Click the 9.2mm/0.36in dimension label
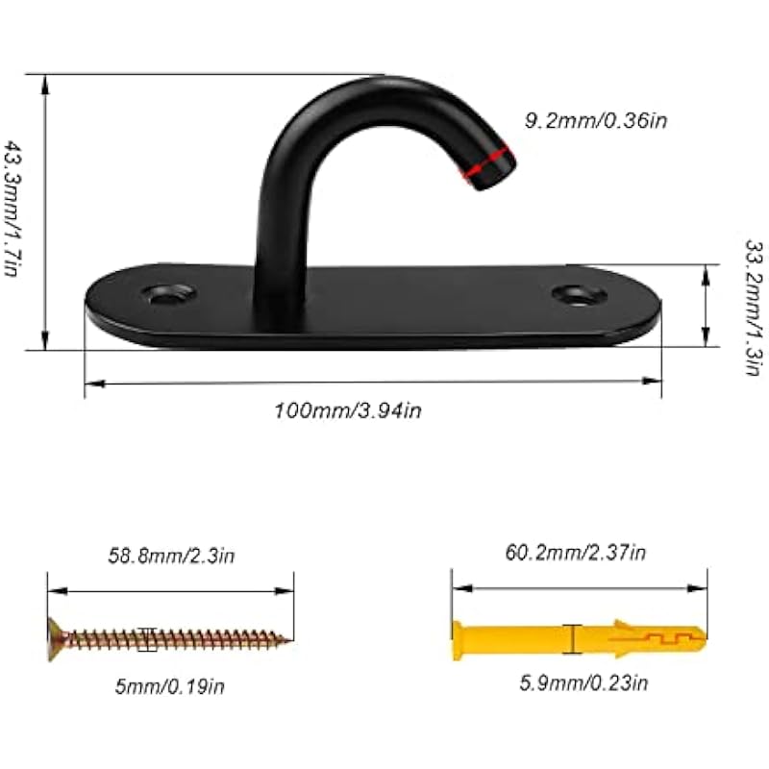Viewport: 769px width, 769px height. (596, 121)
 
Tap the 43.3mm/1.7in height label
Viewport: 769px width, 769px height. (12, 209)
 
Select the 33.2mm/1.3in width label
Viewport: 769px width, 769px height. (755, 308)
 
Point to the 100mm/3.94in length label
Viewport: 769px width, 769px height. (348, 410)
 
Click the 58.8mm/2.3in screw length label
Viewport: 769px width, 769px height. (171, 557)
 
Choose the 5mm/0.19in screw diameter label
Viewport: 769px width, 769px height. (170, 686)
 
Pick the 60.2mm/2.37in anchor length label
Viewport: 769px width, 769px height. (575, 553)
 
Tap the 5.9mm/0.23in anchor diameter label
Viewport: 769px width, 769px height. (583, 683)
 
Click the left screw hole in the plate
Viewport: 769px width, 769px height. (169, 293)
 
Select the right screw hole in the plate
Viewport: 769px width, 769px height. (580, 294)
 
